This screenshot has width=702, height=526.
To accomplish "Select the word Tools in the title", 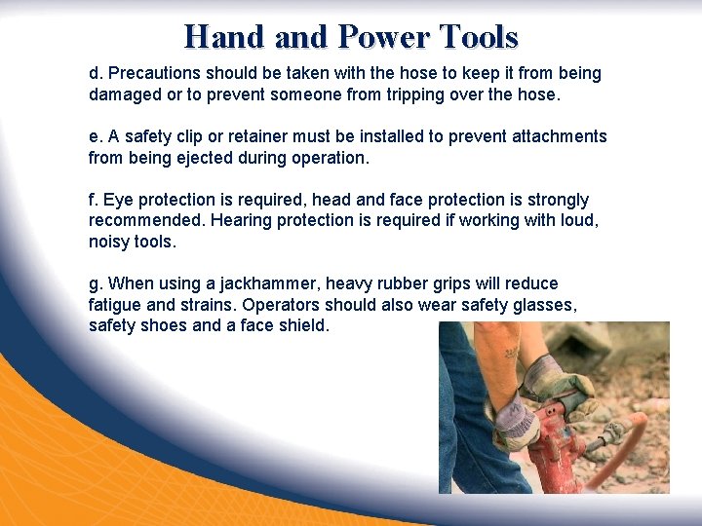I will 480,37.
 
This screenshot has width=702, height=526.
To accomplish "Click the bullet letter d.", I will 95,73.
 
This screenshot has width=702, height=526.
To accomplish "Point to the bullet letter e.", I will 95,136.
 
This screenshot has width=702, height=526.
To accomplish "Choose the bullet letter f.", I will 93,200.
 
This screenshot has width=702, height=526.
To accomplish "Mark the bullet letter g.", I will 95,284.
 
